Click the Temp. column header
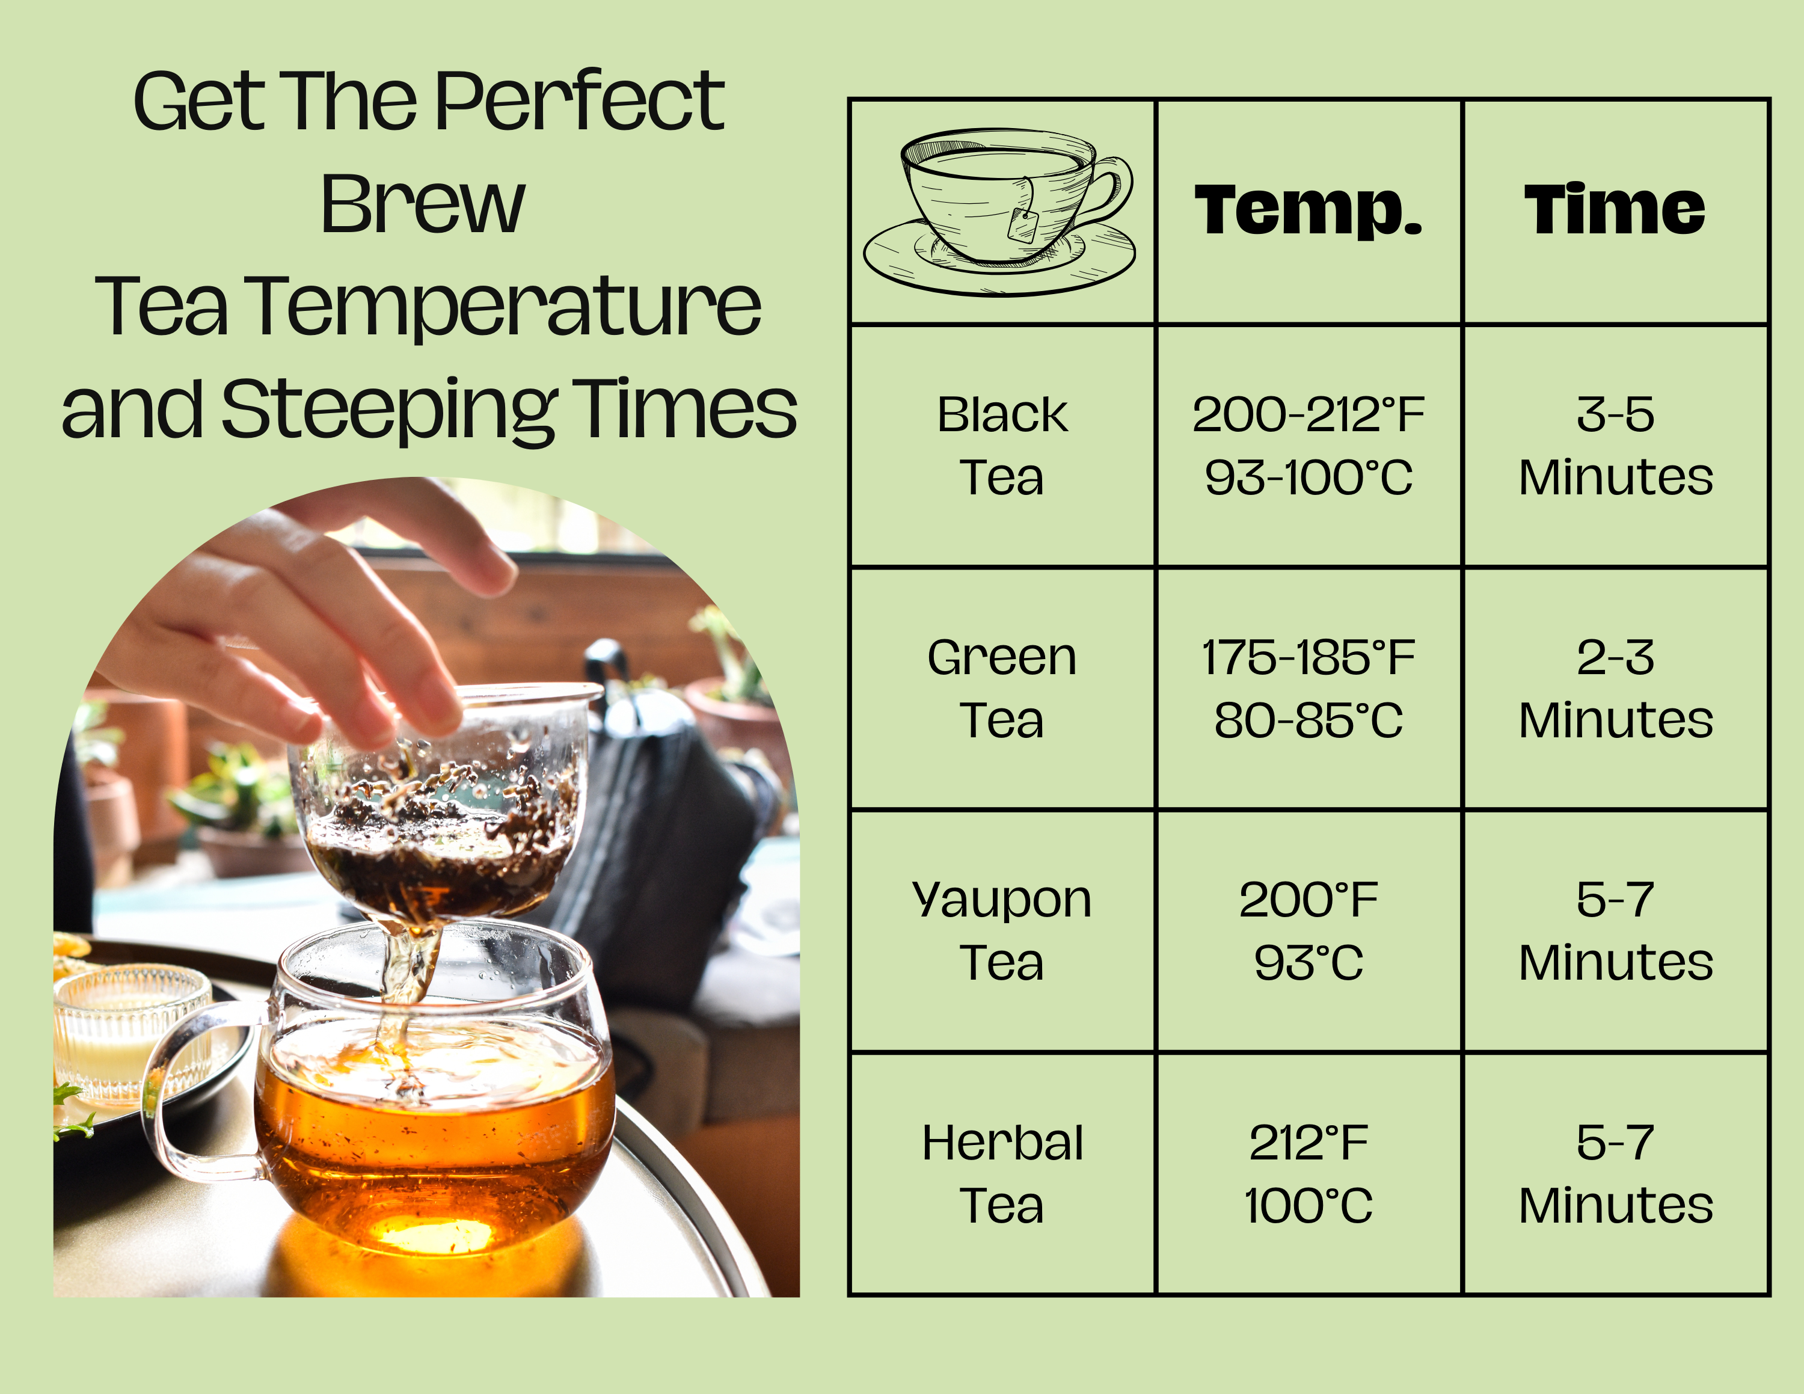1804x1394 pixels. tap(1309, 210)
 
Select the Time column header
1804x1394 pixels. tap(1615, 209)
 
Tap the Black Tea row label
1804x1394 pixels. tap(1002, 446)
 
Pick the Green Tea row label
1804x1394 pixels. tap(1002, 688)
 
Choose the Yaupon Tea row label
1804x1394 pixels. tap(1002, 932)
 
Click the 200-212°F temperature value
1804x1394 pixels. tap(1309, 414)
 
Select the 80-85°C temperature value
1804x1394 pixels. tap(1309, 720)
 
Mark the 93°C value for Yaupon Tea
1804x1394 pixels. tap(1309, 963)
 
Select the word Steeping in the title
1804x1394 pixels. tap(388, 410)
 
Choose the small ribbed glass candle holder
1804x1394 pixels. tap(132, 1033)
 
